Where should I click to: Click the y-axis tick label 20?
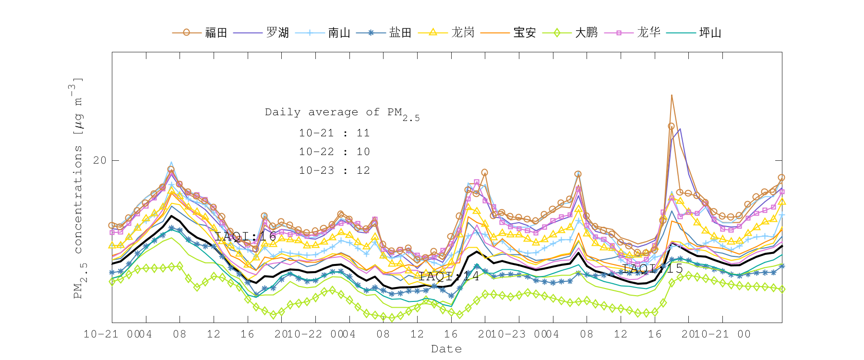click(100, 160)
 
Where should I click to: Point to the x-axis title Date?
click(446, 349)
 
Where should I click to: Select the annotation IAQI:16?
click(245, 236)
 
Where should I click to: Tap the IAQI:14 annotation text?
click(449, 276)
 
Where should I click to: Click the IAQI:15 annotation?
click(652, 268)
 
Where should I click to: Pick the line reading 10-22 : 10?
click(334, 152)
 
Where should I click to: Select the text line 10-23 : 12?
click(334, 170)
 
